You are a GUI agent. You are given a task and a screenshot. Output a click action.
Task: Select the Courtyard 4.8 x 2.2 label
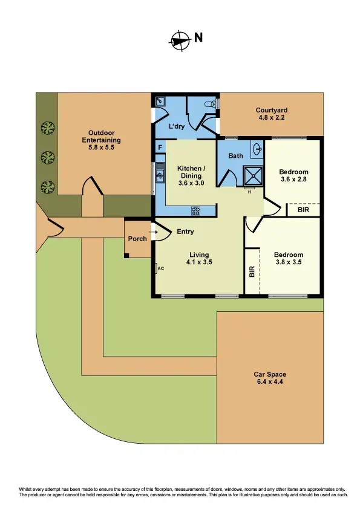pyautogui.click(x=271, y=114)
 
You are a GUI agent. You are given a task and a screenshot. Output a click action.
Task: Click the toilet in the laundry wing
pyautogui.click(x=210, y=104)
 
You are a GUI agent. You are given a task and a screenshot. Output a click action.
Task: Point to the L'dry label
pyautogui.click(x=177, y=126)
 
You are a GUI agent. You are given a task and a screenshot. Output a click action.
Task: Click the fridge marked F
pyautogui.click(x=160, y=147)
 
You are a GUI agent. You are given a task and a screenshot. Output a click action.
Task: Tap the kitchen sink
pyautogui.click(x=160, y=176)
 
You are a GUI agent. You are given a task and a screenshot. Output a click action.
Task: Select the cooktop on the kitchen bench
pyautogui.click(x=196, y=210)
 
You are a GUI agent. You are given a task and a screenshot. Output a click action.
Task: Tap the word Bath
pyautogui.click(x=235, y=156)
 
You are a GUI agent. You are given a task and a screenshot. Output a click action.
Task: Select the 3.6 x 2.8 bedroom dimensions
pyautogui.click(x=294, y=179)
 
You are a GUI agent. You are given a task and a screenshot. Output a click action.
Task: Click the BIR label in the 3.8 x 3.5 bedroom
pyautogui.click(x=252, y=272)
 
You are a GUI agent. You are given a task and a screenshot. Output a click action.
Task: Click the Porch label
pyautogui.click(x=137, y=239)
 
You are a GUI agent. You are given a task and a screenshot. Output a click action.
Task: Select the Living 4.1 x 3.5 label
pyautogui.click(x=199, y=259)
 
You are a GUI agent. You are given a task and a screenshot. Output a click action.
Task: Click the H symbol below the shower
pyautogui.click(x=249, y=192)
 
